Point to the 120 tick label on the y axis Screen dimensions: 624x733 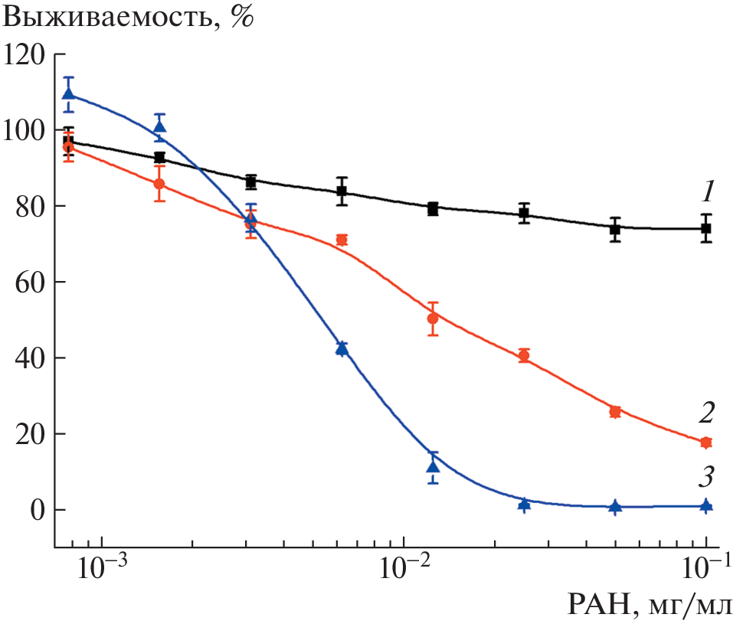pos(24,55)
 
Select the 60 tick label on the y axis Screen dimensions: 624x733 pos(31,283)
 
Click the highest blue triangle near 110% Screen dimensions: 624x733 pos(68,95)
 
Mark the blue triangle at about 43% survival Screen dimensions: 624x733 pos(342,349)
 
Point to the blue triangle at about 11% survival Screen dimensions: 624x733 pos(433,467)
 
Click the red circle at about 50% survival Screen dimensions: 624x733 pos(433,319)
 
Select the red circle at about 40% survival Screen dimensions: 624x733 pos(524,356)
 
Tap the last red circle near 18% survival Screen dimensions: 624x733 pos(706,443)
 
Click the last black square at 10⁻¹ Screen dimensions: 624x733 pos(706,228)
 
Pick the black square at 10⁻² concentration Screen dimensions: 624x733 pos(433,208)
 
